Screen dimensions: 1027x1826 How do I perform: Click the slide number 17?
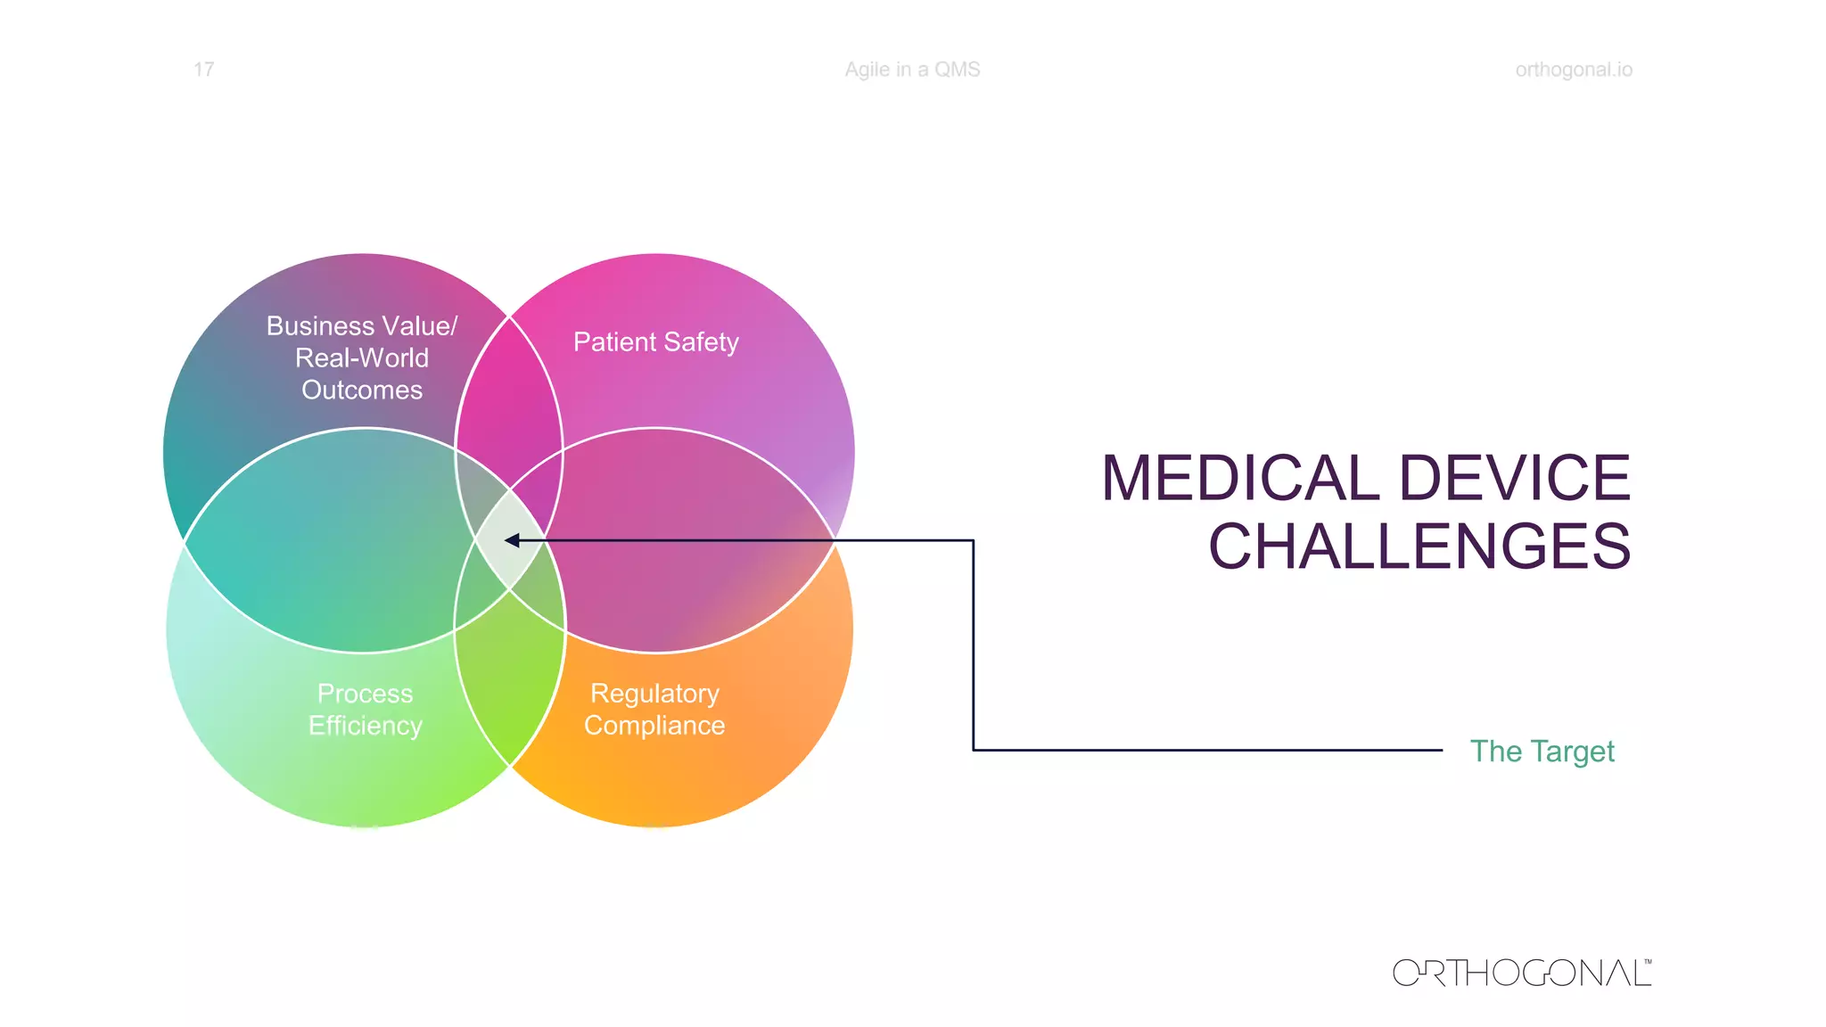203,70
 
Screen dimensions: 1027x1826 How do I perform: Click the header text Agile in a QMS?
912,70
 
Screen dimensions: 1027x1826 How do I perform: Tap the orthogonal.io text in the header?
1574,70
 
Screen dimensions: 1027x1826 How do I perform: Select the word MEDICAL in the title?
1241,478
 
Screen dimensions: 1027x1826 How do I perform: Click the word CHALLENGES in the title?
1419,546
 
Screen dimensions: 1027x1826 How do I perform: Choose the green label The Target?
1542,752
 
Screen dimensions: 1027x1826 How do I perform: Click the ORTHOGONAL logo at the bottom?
1520,973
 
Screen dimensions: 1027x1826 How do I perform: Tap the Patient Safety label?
655,342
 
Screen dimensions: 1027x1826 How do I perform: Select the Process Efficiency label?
365,710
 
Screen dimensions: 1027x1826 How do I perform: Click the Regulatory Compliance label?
654,710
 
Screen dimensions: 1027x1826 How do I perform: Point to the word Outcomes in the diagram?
362,390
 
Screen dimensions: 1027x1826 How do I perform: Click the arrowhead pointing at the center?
512,540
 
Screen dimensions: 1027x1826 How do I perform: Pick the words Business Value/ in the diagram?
362,326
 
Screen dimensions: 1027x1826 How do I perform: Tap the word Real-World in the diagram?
362,358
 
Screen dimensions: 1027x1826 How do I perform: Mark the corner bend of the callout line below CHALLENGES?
973,750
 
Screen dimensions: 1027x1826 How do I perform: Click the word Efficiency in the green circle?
365,726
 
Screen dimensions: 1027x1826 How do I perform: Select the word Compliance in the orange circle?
654,726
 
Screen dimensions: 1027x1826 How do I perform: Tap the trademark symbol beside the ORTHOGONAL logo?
1648,962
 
